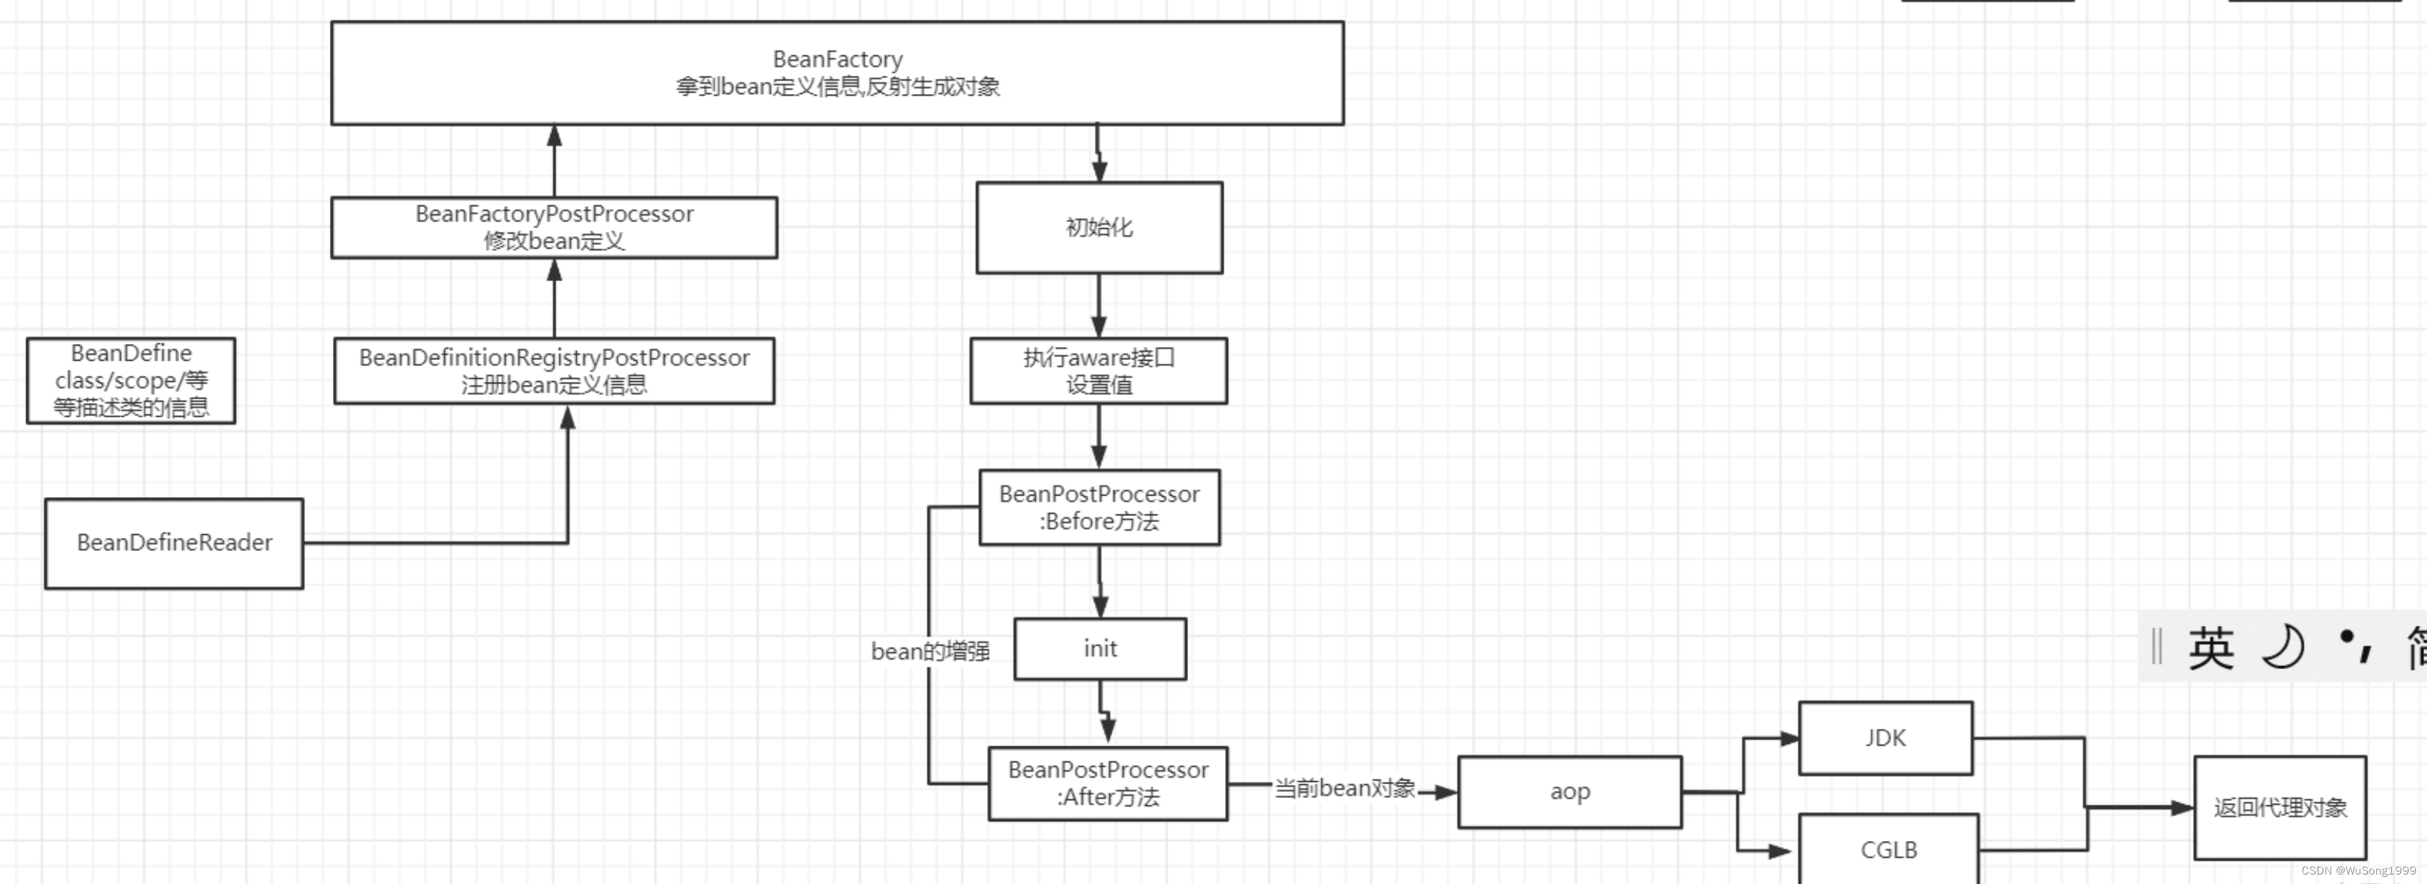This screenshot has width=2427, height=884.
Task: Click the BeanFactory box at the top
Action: [x=837, y=73]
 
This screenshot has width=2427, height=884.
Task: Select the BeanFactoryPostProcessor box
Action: [x=554, y=227]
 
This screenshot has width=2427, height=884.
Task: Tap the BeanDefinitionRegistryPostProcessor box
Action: [x=554, y=370]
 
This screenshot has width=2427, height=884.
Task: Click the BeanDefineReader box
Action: [x=174, y=543]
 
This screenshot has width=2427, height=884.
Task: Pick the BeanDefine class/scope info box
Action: [x=131, y=380]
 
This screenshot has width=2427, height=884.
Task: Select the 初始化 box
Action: [x=1098, y=227]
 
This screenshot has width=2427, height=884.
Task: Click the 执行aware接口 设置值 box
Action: [x=1098, y=370]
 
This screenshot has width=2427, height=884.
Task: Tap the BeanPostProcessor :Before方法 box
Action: [x=1098, y=507]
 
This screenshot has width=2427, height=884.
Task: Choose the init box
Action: [x=1099, y=649]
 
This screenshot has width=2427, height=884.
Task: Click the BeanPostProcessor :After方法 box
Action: [x=1107, y=783]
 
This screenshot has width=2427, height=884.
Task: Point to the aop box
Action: [x=1569, y=791]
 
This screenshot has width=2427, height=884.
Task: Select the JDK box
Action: [x=1884, y=738]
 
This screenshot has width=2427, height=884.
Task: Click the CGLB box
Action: [x=1888, y=849]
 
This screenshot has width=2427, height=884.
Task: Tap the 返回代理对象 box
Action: [x=2279, y=807]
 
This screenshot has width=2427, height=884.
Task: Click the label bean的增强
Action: [x=930, y=652]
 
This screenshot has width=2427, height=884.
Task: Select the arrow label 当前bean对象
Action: [x=1345, y=788]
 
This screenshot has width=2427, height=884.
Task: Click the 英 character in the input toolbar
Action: [x=2210, y=649]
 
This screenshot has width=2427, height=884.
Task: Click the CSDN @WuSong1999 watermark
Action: [x=2359, y=871]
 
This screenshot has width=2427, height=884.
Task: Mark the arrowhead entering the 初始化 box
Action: [x=1098, y=171]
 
